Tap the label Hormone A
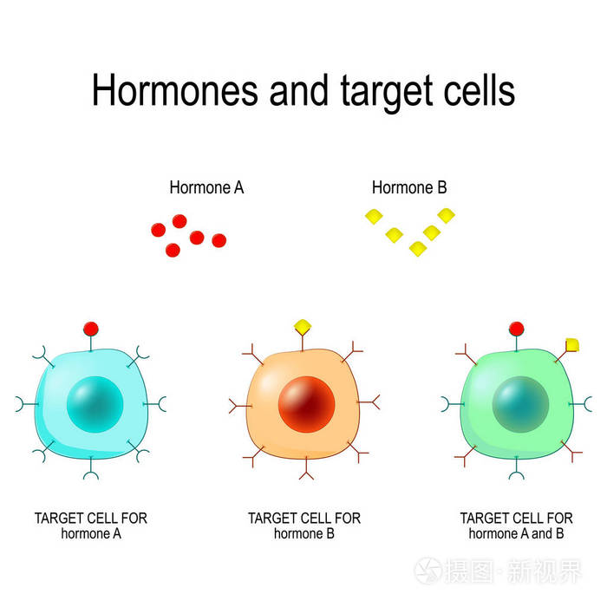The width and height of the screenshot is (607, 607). click(206, 187)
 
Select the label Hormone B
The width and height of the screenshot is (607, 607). click(409, 187)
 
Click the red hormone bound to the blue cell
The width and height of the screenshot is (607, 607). click(90, 329)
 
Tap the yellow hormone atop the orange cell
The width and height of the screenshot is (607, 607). click(303, 327)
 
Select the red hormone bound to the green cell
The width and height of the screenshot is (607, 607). click(517, 329)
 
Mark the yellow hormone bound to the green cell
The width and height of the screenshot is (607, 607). click(572, 345)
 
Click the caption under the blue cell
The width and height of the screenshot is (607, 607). click(91, 525)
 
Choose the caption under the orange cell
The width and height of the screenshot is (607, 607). click(304, 525)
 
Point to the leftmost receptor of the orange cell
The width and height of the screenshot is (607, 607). click(236, 404)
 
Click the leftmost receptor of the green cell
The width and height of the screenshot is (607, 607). click(448, 404)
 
